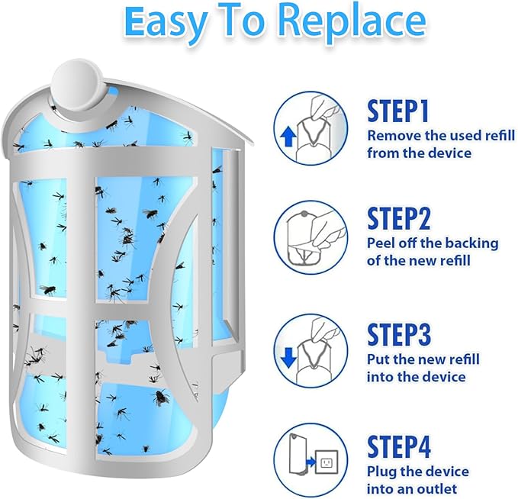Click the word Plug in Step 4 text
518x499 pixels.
[x=382, y=471]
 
